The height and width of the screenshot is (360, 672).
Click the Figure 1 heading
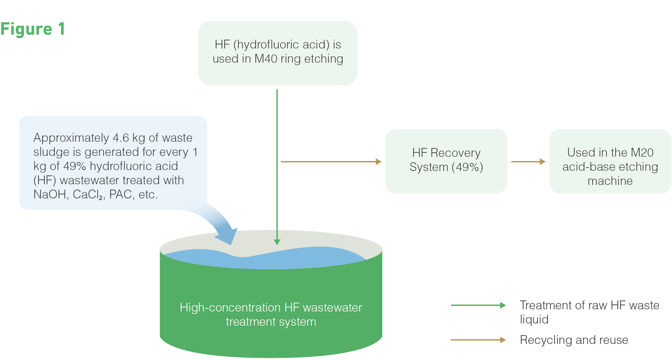(33, 29)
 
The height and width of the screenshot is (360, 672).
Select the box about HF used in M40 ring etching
(277, 53)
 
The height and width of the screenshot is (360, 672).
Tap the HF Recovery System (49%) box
(446, 161)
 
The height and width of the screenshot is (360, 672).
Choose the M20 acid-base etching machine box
(610, 161)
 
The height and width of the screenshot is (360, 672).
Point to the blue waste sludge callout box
(113, 163)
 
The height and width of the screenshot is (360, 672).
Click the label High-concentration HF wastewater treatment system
(271, 314)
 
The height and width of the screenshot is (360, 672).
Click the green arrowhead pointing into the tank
(277, 242)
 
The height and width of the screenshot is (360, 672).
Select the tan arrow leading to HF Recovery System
(331, 162)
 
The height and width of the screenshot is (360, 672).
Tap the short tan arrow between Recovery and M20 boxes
(528, 162)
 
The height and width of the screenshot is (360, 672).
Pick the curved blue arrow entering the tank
(217, 220)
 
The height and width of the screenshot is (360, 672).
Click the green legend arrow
(478, 305)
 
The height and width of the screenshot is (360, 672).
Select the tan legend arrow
(478, 340)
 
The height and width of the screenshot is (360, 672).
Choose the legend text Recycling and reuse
(574, 340)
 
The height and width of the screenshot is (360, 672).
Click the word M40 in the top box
(266, 59)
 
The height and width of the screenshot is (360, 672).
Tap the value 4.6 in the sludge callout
(121, 138)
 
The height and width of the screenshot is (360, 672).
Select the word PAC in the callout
(120, 194)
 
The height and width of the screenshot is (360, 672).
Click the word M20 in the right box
(642, 152)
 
